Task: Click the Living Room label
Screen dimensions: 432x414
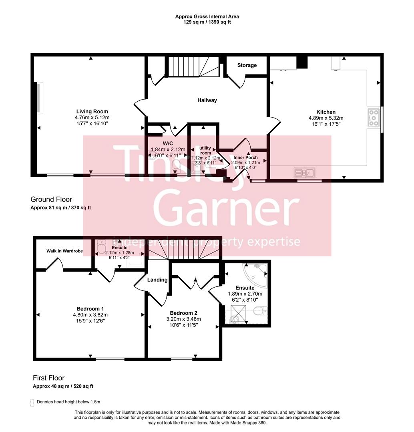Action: click(x=92, y=112)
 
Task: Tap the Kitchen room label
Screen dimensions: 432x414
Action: click(x=326, y=112)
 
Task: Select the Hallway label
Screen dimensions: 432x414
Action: click(x=207, y=100)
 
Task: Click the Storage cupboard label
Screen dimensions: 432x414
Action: click(x=247, y=65)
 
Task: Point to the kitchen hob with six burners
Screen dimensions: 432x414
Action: click(x=374, y=118)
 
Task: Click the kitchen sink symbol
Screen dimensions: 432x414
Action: click(x=304, y=173)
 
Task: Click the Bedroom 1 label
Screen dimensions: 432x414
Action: click(x=90, y=309)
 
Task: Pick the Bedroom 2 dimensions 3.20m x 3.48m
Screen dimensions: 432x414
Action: click(x=184, y=319)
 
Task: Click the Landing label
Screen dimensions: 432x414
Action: click(x=157, y=280)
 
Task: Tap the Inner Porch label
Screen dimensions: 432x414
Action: click(x=246, y=158)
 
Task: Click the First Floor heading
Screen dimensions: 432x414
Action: click(x=48, y=378)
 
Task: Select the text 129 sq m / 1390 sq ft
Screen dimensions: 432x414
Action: click(x=207, y=22)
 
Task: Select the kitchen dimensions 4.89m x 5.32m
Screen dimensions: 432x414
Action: click(x=326, y=118)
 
